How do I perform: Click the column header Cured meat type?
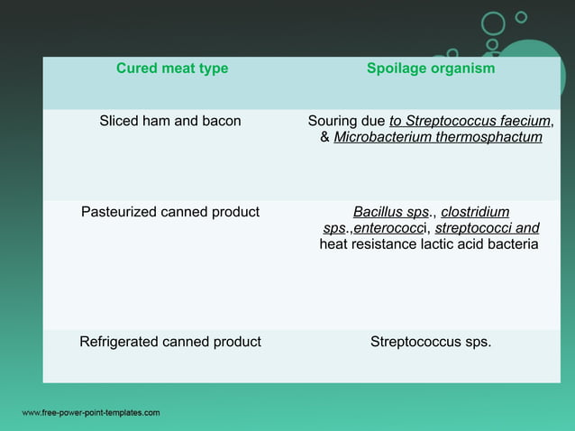(172, 69)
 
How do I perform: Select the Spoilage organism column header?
(431, 69)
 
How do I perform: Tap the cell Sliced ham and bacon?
(170, 121)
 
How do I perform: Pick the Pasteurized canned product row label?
(170, 213)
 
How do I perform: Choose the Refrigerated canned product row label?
(170, 342)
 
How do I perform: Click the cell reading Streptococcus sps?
(431, 342)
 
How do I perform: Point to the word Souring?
(333, 121)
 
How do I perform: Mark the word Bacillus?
(379, 213)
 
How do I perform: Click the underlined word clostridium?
(475, 213)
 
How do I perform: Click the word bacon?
(222, 121)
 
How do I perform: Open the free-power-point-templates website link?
(90, 413)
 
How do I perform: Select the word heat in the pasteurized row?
(334, 244)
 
